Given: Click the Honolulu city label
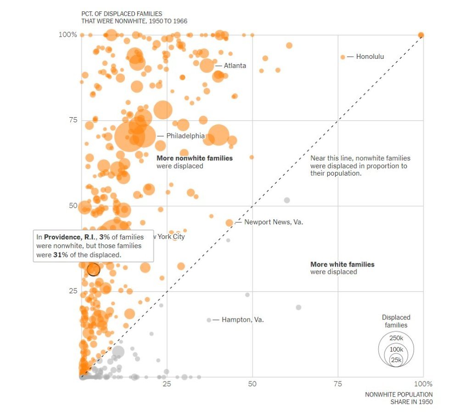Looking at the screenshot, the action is tap(370, 57).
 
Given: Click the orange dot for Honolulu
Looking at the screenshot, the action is tap(342, 57).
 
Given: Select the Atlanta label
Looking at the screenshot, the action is tap(235, 66).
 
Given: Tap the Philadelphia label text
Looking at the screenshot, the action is tap(185, 136).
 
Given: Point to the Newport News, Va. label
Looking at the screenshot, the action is tap(274, 222).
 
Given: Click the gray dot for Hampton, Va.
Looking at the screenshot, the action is tap(209, 320).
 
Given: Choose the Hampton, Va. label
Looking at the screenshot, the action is tap(242, 320).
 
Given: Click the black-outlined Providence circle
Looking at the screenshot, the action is tap(94, 269).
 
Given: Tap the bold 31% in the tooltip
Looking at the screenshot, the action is tap(61, 255).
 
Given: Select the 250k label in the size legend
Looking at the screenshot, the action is tap(396, 338).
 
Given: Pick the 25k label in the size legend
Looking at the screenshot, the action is tap(396, 360).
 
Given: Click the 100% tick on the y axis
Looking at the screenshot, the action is tap(68, 35).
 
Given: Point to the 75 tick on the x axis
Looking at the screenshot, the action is tap(338, 384).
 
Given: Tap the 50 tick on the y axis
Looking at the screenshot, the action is tap(73, 206).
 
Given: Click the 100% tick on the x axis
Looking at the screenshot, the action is tap(423, 384).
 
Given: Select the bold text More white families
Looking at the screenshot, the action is tap(342, 264).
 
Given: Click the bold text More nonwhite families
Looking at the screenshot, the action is tap(195, 158).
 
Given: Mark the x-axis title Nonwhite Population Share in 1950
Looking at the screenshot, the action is tap(399, 398).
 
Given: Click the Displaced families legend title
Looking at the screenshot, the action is tap(396, 321).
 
